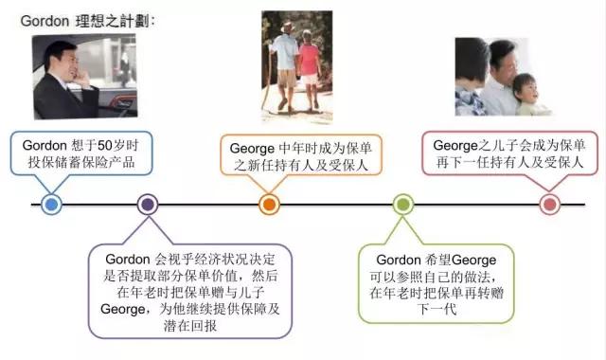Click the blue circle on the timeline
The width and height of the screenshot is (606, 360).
coord(52,204)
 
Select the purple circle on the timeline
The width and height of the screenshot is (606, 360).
coord(147,204)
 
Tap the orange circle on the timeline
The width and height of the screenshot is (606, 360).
coord(269,204)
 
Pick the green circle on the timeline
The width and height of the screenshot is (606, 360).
coord(403,204)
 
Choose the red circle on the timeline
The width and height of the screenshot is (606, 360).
coord(549,204)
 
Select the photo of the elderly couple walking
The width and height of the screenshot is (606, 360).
coord(296,62)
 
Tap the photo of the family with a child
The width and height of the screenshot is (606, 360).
coord(502,76)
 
